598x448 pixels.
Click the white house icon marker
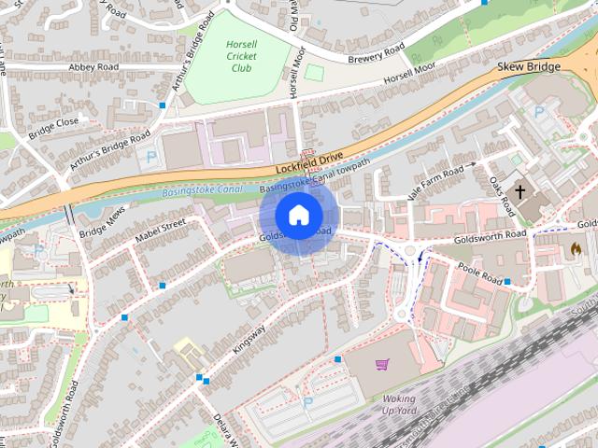[298, 216]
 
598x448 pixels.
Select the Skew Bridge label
[529, 66]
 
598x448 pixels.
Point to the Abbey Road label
[95, 67]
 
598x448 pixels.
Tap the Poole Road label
[481, 270]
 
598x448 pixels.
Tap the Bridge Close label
[53, 123]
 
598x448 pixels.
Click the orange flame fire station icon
[574, 249]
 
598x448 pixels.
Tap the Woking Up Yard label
[399, 404]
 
